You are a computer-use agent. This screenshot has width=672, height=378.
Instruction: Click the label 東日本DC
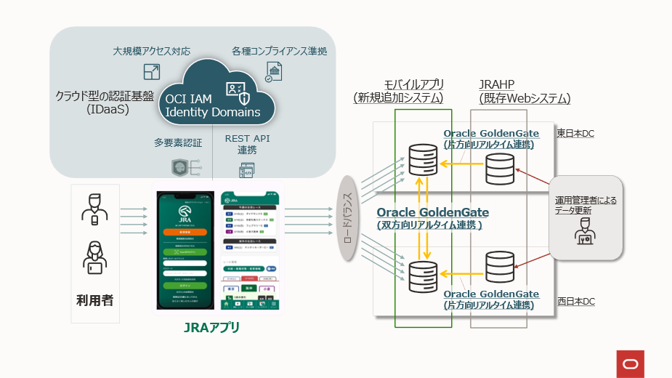(576, 133)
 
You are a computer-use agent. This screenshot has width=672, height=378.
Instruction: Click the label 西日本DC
(576, 301)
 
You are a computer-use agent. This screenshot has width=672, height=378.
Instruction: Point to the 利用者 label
(95, 299)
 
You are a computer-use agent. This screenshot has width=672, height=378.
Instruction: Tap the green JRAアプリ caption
(211, 327)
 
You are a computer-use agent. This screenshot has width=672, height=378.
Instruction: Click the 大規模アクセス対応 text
(152, 52)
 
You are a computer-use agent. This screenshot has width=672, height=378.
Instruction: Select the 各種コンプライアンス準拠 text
(279, 52)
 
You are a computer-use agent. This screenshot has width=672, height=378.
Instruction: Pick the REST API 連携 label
(247, 145)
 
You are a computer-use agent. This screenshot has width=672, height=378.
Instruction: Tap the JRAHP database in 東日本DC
(499, 168)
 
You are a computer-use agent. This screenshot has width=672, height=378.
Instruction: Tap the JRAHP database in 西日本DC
(499, 268)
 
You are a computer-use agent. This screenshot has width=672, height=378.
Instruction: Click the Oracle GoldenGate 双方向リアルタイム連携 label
(432, 218)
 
